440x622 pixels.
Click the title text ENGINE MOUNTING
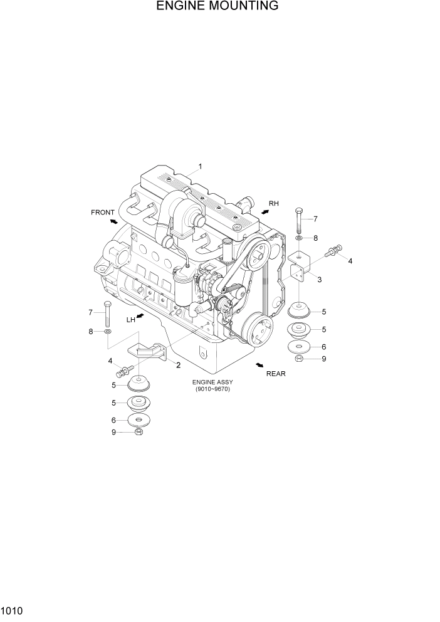point(217,7)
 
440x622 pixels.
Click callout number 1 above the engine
point(200,167)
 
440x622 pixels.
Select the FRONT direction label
point(103,213)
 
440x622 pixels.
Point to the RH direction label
point(273,204)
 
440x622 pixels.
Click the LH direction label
point(131,320)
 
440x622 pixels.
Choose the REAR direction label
point(276,373)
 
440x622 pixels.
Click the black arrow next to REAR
point(259,364)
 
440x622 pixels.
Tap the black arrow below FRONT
point(113,221)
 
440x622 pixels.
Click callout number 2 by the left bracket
point(178,365)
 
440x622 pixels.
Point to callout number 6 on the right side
point(323,347)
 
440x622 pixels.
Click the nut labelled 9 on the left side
point(139,432)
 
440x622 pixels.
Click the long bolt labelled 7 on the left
point(108,312)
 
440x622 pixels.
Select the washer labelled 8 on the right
point(299,238)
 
